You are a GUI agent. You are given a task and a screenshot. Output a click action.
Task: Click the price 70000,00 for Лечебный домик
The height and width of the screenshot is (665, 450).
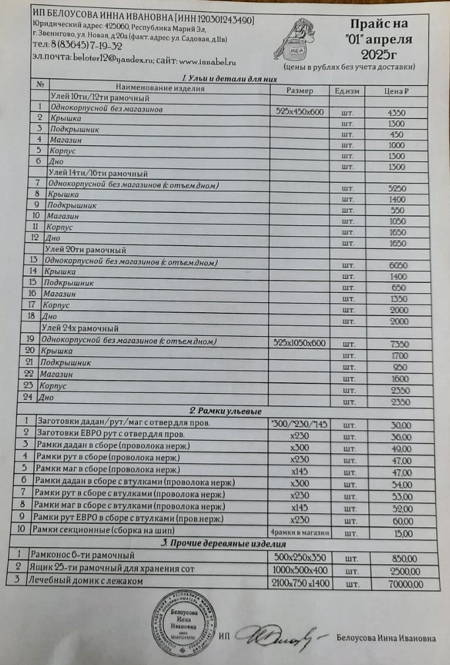coord(405,583)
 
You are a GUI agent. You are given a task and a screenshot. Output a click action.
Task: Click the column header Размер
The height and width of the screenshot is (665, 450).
coord(299,91)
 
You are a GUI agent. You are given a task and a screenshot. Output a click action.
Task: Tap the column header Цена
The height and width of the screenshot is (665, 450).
coord(396,91)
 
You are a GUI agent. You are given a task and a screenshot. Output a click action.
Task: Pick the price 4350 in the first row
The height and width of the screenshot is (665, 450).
coord(397,112)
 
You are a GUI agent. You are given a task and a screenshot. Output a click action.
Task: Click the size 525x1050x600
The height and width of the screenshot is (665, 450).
coord(302,343)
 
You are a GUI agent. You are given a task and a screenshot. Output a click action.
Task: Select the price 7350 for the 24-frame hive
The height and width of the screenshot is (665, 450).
coord(399,344)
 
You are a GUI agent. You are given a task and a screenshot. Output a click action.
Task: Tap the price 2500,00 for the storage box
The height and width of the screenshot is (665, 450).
coord(405,571)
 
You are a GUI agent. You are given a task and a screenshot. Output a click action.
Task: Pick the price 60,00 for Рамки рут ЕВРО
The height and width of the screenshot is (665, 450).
coord(402,520)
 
